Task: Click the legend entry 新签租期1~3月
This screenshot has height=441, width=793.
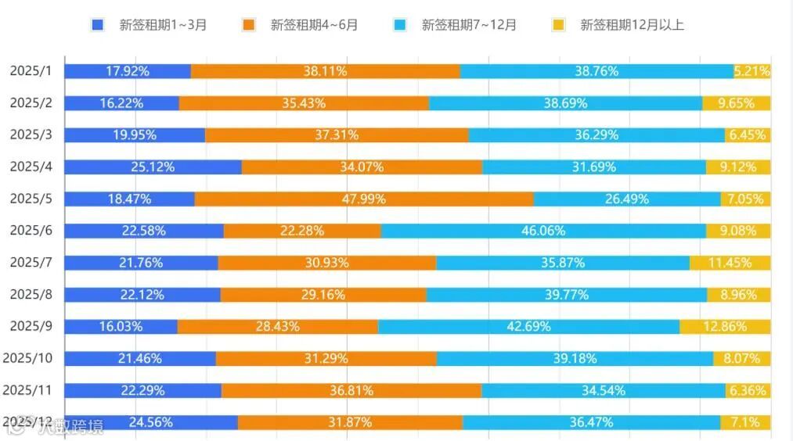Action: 149,24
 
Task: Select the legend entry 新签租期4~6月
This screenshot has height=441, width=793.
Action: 301,24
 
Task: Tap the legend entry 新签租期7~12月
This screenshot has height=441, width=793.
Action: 456,24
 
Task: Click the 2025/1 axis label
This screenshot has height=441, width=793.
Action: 31,71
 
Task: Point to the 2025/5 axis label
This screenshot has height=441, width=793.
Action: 31,199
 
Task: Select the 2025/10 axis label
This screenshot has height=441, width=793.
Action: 27,358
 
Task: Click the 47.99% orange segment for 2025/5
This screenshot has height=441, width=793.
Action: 364,199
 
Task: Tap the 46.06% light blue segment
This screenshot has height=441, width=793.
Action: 542,231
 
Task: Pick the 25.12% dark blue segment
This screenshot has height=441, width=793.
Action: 153,167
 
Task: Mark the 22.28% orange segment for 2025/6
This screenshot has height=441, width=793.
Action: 302,231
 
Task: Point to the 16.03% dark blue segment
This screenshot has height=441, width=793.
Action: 121,326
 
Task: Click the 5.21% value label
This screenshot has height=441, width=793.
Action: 752,71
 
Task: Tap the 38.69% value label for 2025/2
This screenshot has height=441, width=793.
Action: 566,103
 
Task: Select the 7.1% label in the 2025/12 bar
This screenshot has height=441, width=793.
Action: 744,422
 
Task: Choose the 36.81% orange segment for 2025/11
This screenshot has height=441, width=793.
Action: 351,390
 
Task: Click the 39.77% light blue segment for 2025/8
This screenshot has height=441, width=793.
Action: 567,295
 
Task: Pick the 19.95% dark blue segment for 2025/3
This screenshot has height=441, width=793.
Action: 135,134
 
